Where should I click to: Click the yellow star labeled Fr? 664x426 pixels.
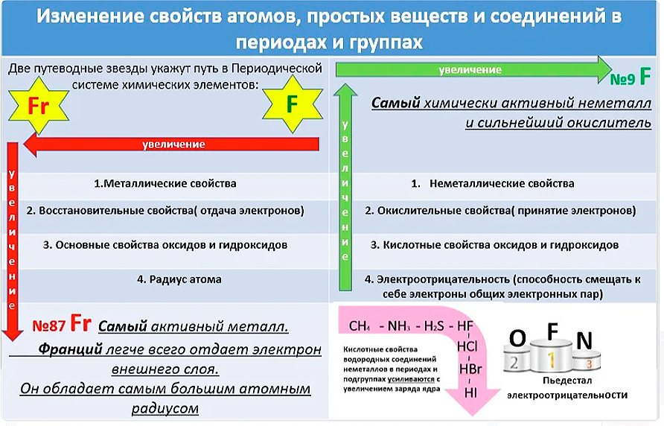39,106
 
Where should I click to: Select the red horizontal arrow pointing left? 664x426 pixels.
171,144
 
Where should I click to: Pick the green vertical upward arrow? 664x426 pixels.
345,186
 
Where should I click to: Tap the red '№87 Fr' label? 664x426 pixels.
63,325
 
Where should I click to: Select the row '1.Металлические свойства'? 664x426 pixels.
165,183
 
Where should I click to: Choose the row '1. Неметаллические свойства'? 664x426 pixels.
493,183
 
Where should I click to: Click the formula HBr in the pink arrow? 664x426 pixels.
470,368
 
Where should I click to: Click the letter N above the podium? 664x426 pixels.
584,341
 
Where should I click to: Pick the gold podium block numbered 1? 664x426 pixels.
551,361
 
